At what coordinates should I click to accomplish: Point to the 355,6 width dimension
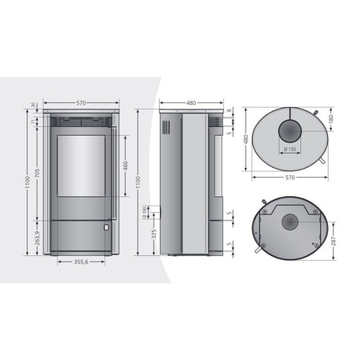tap(81, 261)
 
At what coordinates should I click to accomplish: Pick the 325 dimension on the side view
tap(154, 236)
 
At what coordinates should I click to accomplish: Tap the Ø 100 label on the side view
tap(145, 212)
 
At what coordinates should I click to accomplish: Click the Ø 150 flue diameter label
tap(288, 150)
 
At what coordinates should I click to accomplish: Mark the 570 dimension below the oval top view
tap(290, 178)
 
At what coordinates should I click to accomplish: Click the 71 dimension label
tap(34, 122)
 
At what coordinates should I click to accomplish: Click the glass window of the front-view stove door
tap(81, 164)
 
